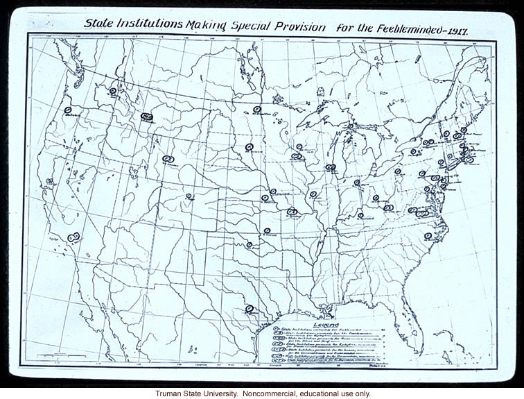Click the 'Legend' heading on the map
click(326, 324)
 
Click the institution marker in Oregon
click(68, 110)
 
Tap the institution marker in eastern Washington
click(112, 90)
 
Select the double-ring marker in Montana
click(146, 117)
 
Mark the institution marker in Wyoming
click(167, 159)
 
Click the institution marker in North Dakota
click(257, 109)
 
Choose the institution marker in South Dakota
click(249, 146)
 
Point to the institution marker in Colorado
click(189, 196)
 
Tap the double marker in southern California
click(73, 237)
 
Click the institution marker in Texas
click(249, 309)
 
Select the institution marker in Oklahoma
click(250, 244)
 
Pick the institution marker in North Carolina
click(428, 236)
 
